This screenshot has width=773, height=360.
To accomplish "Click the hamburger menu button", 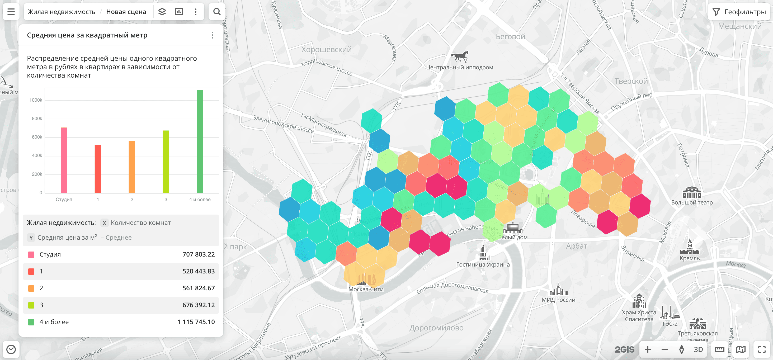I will (11, 12).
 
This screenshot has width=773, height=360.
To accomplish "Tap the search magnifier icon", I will (217, 12).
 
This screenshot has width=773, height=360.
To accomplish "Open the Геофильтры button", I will (739, 12).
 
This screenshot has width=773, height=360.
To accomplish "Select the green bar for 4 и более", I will (200, 141).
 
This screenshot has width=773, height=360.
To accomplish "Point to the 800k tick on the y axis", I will (37, 119).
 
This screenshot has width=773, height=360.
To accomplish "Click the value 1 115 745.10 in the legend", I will (196, 322).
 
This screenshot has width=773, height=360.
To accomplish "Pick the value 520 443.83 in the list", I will (198, 271).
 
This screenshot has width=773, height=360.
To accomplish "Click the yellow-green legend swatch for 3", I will (31, 305).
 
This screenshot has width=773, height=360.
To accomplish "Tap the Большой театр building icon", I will (692, 193).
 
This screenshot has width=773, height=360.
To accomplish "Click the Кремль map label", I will (690, 258).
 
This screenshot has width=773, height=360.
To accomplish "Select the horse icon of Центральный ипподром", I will (459, 56).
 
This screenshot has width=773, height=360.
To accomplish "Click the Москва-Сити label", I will (366, 289).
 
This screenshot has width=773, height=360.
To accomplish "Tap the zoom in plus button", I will (648, 349).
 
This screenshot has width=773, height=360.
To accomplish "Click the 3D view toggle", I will (698, 349).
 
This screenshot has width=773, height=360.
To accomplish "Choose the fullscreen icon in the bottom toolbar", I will (762, 349).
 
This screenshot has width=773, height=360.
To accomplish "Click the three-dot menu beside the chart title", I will (213, 35).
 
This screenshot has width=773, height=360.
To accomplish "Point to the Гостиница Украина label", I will (483, 265).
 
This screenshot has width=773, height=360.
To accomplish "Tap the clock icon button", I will (11, 349).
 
